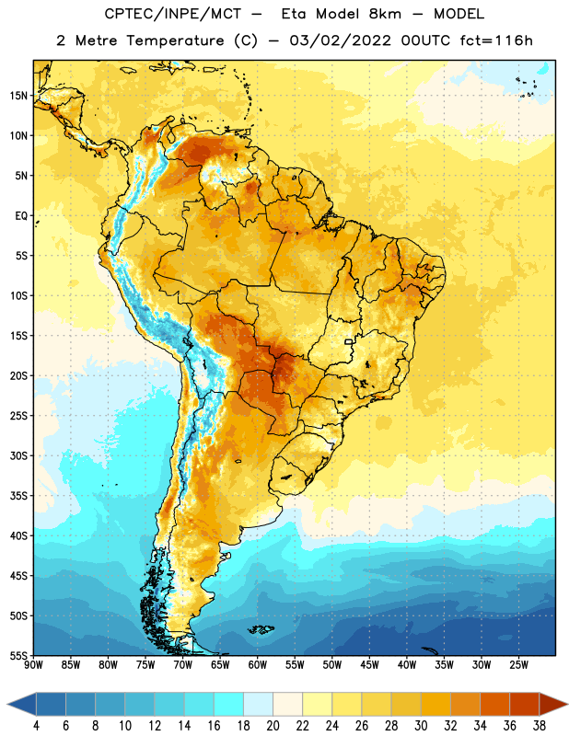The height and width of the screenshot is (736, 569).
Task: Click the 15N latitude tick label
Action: (18, 96)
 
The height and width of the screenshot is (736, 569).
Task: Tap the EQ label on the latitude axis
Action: (21, 216)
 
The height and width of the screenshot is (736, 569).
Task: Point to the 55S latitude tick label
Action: (18, 655)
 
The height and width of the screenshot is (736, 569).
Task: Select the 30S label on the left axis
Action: (18, 455)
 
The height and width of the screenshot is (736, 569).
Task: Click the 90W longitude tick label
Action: (34, 665)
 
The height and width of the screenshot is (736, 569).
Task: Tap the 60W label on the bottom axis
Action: (258, 665)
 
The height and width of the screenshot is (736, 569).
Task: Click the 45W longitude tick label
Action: (369, 665)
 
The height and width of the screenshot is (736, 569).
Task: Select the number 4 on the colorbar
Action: (36, 726)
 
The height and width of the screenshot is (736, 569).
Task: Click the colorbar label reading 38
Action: (540, 726)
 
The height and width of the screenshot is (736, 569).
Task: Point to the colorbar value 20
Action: (273, 726)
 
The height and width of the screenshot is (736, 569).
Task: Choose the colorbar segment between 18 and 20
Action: (258, 704)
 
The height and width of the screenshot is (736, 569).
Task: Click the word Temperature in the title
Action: (175, 40)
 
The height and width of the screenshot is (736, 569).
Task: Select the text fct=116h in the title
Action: (496, 40)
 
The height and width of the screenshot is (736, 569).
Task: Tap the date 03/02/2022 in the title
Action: (340, 40)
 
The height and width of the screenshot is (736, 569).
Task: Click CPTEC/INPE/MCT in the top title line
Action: (172, 14)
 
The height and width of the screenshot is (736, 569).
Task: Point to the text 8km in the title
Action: (385, 14)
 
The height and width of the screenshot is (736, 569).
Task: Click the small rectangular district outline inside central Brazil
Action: (349, 342)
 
